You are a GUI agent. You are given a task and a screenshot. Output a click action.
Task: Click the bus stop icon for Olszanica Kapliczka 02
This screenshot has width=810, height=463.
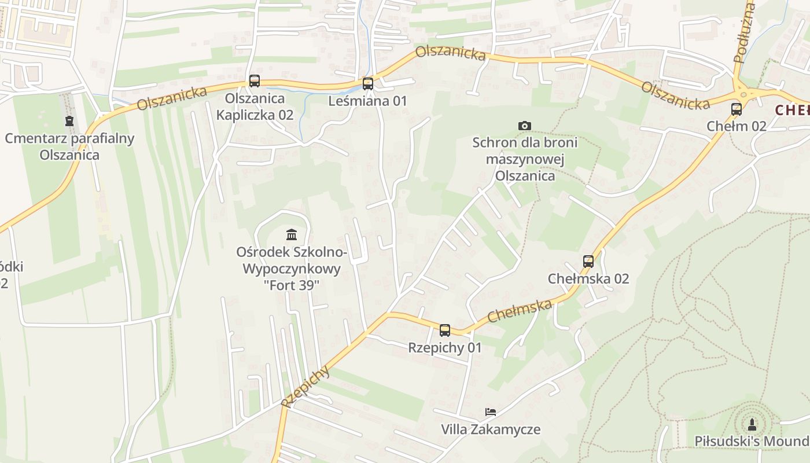pyautogui.click(x=255, y=81)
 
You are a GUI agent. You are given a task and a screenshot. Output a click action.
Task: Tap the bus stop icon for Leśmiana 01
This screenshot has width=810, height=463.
pyautogui.click(x=368, y=84)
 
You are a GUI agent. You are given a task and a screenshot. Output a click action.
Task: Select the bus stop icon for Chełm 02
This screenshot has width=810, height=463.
pyautogui.click(x=737, y=109)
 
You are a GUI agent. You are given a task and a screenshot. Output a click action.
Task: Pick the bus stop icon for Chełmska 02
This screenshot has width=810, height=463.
pyautogui.click(x=588, y=262)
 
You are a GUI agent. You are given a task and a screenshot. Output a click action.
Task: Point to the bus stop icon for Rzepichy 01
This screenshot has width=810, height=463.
pyautogui.click(x=445, y=330)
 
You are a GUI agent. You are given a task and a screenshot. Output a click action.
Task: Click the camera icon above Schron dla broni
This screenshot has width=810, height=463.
pyautogui.click(x=525, y=126)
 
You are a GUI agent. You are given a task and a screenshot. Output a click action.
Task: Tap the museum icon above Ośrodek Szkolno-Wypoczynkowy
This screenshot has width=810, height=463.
pyautogui.click(x=292, y=235)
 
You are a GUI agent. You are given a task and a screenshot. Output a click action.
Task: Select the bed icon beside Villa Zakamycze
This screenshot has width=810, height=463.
pyautogui.click(x=491, y=412)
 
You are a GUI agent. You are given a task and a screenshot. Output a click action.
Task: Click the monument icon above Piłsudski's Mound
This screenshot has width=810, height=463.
pyautogui.click(x=752, y=424)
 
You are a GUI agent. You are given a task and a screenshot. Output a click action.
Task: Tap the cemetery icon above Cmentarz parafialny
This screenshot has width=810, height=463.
pyautogui.click(x=69, y=122)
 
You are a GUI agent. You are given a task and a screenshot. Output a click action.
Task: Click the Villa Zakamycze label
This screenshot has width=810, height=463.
pyautogui.click(x=491, y=429)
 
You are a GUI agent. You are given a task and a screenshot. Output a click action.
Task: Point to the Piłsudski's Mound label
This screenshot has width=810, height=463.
pyautogui.click(x=752, y=442)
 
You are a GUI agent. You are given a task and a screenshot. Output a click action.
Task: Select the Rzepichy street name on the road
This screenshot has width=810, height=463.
pyautogui.click(x=306, y=387)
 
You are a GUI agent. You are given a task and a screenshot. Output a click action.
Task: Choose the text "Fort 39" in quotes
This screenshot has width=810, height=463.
pyautogui.click(x=292, y=285)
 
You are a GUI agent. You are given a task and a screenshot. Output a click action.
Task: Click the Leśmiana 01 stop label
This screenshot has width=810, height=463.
pyautogui.click(x=368, y=101)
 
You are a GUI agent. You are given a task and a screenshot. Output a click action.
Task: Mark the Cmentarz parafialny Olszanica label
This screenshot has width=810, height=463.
pyautogui.click(x=69, y=146)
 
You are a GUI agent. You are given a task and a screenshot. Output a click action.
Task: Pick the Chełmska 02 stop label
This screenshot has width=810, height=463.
pyautogui.click(x=588, y=279)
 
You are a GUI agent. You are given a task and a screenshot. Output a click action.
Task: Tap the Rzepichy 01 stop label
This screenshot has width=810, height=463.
pyautogui.click(x=445, y=348)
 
